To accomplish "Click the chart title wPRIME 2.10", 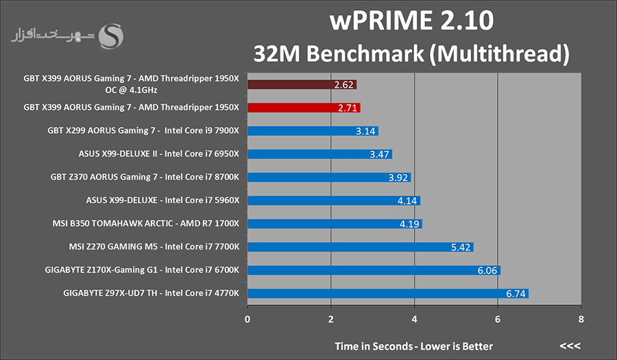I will pyautogui.click(x=412, y=21).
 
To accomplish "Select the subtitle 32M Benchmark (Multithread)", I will pyautogui.click(x=412, y=53).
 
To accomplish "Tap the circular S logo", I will pyautogui.click(x=112, y=37).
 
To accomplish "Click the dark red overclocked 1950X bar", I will pyautogui.click(x=302, y=84).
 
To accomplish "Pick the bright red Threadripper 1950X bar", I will pyautogui.click(x=304, y=108).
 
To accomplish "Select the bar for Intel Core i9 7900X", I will pyautogui.click(x=313, y=131).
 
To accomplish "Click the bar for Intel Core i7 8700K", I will pyautogui.click(x=329, y=178).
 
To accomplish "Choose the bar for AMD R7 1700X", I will pyautogui.click(x=335, y=224).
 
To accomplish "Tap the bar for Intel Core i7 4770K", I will pyautogui.click(x=387, y=293).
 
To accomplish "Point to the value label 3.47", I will pyautogui.click(x=380, y=154).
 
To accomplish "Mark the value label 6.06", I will pyautogui.click(x=487, y=270).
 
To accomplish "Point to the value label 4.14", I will pyautogui.click(x=408, y=201).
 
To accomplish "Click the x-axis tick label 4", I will pyautogui.click(x=414, y=319).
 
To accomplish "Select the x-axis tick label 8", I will pyautogui.click(x=581, y=319).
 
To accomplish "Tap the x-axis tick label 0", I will pyautogui.click(x=247, y=319).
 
